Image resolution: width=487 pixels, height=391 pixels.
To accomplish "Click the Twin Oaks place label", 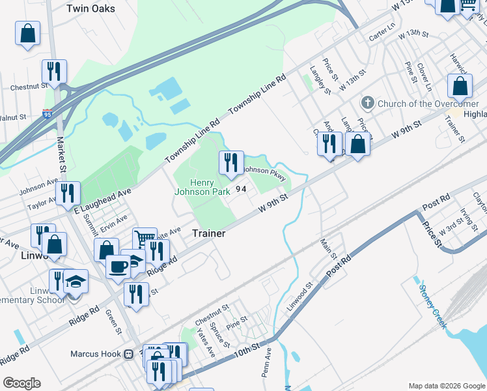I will pyautogui.click(x=91, y=8).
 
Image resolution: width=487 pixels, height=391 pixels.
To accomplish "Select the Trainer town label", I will pyautogui.click(x=208, y=233).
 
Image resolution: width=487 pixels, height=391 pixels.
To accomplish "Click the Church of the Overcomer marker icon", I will pyautogui.click(x=368, y=104).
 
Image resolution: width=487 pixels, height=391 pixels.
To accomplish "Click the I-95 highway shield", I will pyautogui.click(x=48, y=115).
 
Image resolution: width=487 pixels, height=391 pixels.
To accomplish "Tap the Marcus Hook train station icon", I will pyautogui.click(x=129, y=355).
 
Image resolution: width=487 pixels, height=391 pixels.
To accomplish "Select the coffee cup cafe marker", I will pyautogui.click(x=118, y=267).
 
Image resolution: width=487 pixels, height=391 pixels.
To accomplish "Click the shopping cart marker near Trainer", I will pyautogui.click(x=145, y=239).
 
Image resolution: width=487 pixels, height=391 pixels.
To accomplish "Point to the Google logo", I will pyautogui.click(x=22, y=383).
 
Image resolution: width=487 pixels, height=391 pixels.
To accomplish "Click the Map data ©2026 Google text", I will pyautogui.click(x=446, y=386).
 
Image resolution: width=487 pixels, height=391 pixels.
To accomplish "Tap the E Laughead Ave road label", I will pyautogui.click(x=103, y=199).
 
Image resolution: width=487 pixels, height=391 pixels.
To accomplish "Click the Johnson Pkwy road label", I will pyautogui.click(x=264, y=173).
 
